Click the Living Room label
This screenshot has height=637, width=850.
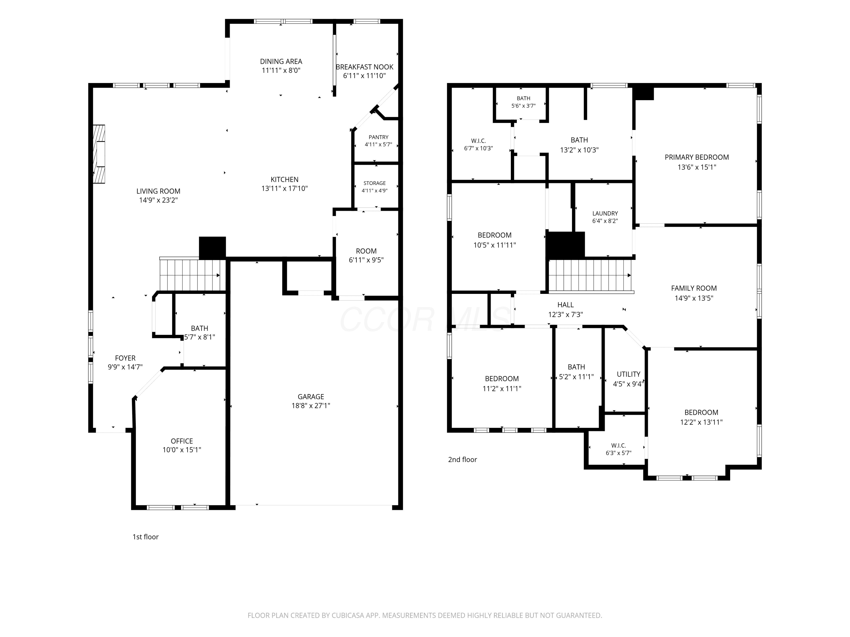tap(158, 191)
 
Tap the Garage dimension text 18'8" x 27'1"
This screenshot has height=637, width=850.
tap(311, 405)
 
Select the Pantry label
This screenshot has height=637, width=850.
tap(379, 137)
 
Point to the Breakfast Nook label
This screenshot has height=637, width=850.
tap(364, 67)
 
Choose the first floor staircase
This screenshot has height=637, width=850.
tap(192, 275)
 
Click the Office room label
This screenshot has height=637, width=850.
tap(182, 441)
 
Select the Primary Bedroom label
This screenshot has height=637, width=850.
tap(697, 157)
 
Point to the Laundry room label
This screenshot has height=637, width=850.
tap(605, 213)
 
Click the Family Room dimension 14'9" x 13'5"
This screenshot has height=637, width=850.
tap(694, 298)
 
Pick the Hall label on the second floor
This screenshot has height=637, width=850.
tap(566, 305)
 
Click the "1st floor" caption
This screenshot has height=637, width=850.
tap(146, 537)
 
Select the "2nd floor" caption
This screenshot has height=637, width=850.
tap(462, 459)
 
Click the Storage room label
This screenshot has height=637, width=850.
tap(375, 183)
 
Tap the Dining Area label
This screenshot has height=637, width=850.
tap(281, 61)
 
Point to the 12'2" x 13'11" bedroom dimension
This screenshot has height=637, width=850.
tap(701, 422)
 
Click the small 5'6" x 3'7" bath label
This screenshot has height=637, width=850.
tap(523, 106)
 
